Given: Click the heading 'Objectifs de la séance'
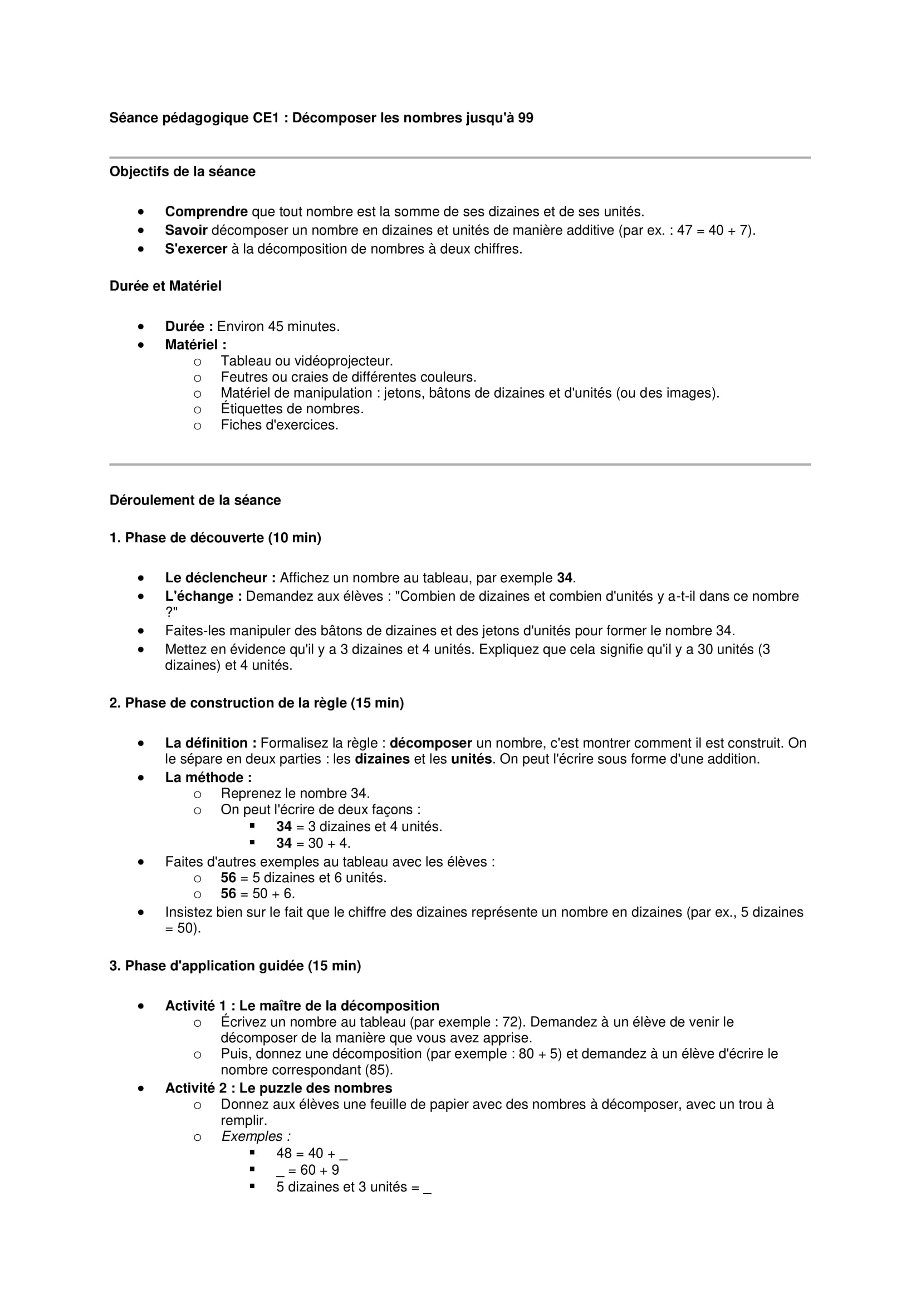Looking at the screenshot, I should point(182,172).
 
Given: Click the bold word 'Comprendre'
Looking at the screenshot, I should point(206,212).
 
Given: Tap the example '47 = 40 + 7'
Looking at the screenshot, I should point(713,231).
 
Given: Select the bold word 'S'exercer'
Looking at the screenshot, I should point(195,249).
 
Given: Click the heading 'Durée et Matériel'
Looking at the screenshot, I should point(165,286).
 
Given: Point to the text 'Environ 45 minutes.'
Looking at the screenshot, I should point(278,327).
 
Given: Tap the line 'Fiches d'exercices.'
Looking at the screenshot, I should point(279,426).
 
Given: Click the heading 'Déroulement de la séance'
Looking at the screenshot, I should point(194,501).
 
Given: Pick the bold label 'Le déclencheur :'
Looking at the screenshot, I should point(220,578).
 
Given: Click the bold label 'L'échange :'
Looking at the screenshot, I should point(203,596).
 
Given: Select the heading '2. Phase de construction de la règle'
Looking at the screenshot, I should point(256,703).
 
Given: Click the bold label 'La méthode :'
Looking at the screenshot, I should point(208,778).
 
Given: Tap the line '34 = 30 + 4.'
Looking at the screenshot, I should point(313,843).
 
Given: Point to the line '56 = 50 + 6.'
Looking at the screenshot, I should point(257,894).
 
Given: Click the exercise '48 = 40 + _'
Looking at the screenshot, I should point(311,1153).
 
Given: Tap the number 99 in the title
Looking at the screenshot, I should point(525,118).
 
